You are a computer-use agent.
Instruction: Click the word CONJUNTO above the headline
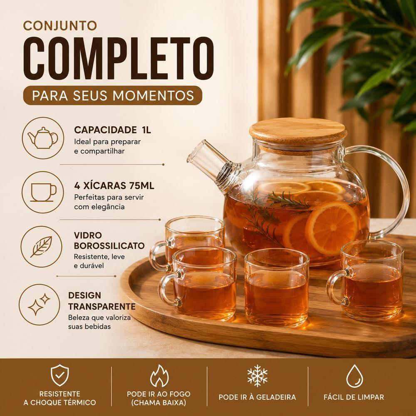click(x=60, y=26)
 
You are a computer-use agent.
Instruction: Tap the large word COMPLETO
click(x=118, y=58)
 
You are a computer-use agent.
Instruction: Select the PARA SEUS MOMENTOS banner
click(x=112, y=95)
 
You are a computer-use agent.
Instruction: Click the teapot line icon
click(x=43, y=138)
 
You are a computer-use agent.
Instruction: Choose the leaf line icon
click(x=41, y=247)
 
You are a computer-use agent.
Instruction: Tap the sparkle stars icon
click(x=39, y=305)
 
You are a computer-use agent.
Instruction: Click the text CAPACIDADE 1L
click(x=112, y=130)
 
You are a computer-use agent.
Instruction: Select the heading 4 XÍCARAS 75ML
click(x=114, y=186)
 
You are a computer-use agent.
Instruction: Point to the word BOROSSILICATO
click(x=109, y=246)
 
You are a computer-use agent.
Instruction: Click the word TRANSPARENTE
click(x=102, y=307)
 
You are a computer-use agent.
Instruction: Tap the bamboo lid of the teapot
click(x=298, y=133)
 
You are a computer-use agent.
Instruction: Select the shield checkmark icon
click(x=59, y=375)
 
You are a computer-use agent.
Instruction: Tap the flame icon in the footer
click(x=159, y=376)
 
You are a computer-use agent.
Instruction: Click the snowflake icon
click(x=258, y=376)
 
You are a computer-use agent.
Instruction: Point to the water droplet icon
click(x=354, y=376)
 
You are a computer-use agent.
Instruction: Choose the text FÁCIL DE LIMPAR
click(x=354, y=397)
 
